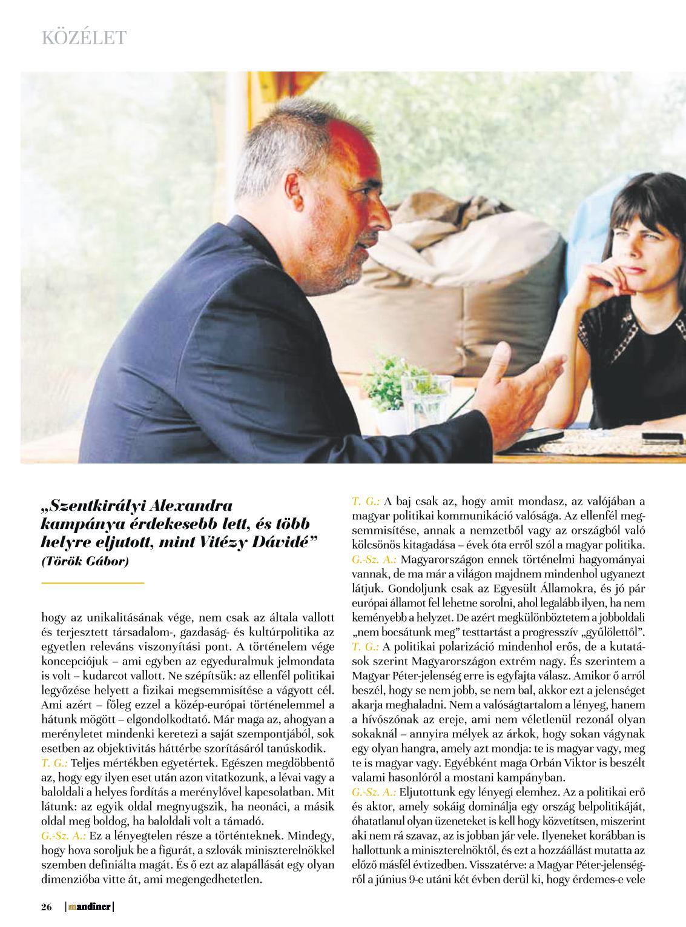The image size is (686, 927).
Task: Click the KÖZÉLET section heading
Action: coord(84,38)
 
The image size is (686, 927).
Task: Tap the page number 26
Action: coord(47,906)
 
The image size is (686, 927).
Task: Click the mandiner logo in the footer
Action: coord(90,906)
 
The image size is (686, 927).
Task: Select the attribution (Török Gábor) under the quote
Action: coord(85,561)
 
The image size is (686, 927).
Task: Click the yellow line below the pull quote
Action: coord(93,582)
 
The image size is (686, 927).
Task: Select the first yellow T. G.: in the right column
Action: coord(366,502)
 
